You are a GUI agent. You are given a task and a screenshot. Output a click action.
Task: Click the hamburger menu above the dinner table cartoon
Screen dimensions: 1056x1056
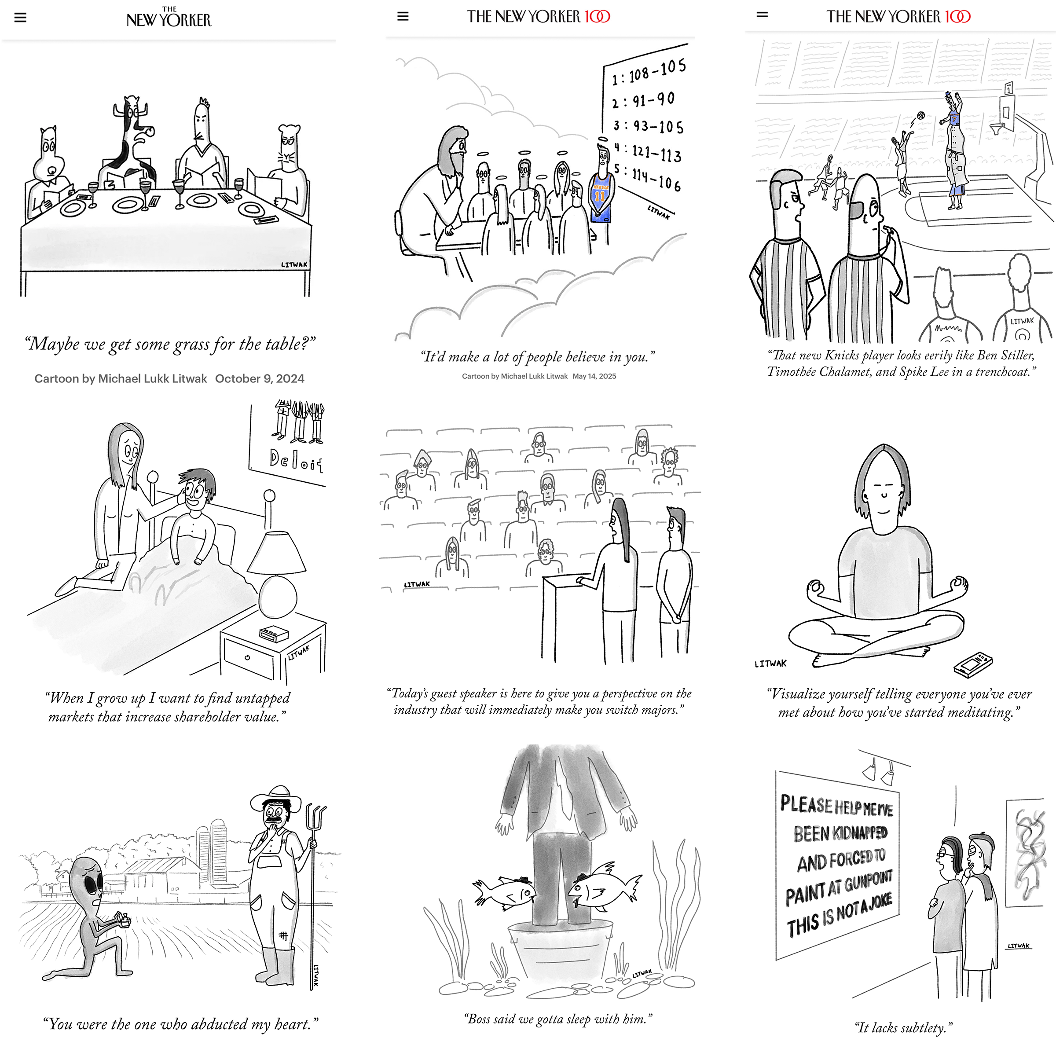20,18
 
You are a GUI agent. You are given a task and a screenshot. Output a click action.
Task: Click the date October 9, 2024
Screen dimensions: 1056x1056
260,379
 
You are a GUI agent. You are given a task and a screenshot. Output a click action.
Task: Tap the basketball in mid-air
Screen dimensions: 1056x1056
920,115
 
